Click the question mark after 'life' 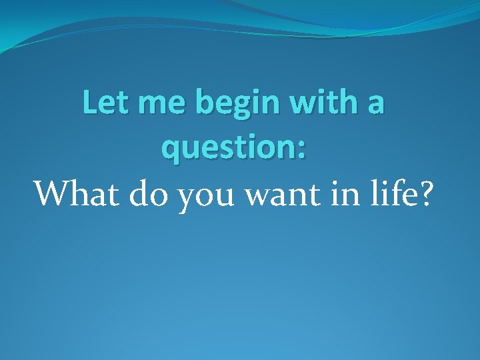(423, 193)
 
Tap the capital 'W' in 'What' (51, 193)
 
